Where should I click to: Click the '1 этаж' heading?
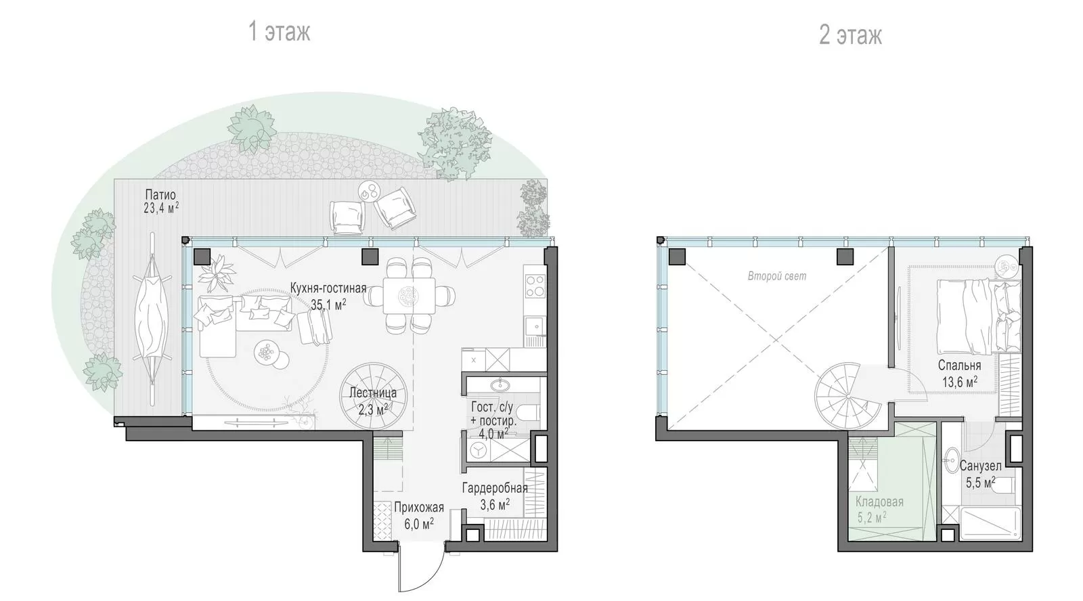(279, 32)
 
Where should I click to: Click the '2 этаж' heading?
(850, 35)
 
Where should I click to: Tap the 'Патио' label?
(160, 195)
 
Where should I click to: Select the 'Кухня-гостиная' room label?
(328, 288)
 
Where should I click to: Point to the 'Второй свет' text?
(777, 276)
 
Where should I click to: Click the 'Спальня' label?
(959, 365)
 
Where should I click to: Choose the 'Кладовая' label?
(879, 502)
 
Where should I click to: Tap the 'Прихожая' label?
(419, 507)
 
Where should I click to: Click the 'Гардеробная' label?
(495, 489)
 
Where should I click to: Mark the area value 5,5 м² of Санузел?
(981, 482)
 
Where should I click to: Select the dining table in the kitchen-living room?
(409, 296)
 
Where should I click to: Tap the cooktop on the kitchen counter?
(535, 286)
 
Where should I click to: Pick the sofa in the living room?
(244, 321)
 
